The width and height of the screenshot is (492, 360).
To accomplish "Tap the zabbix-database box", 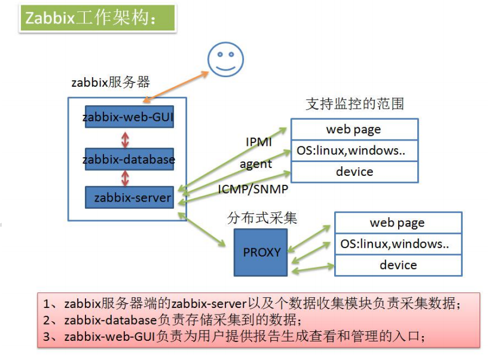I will (129, 159).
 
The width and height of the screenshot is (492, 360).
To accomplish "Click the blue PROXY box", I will (261, 252).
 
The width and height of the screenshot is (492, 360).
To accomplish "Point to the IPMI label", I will (259, 142).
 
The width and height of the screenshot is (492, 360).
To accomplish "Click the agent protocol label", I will (256, 164).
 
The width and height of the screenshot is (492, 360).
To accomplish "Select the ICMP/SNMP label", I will (253, 189).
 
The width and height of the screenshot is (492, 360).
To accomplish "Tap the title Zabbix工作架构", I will (90, 18).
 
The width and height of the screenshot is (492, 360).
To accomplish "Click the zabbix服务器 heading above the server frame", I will (111, 83).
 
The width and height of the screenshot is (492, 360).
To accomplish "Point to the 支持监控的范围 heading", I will (355, 104).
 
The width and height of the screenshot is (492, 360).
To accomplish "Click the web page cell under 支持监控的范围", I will (354, 129).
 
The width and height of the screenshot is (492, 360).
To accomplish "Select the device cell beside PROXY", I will (398, 265).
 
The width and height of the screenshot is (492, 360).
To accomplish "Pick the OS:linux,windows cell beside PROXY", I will (398, 244).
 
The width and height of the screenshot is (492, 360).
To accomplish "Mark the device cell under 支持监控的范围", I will (354, 172).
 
